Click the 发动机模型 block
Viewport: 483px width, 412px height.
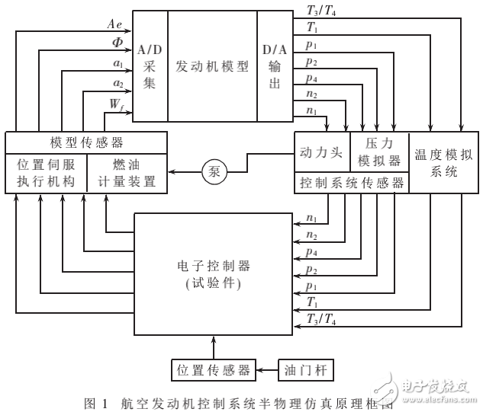click(212, 67)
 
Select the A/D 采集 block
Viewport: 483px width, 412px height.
click(149, 67)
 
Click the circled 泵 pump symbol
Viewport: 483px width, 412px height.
click(214, 172)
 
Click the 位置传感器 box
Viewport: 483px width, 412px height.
click(214, 370)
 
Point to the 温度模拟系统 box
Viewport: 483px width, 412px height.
click(443, 162)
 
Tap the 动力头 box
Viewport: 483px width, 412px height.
click(321, 153)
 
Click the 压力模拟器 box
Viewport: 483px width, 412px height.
click(378, 153)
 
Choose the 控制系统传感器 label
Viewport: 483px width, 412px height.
click(351, 184)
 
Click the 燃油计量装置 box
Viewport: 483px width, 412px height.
click(127, 174)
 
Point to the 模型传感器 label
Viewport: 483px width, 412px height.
click(85, 142)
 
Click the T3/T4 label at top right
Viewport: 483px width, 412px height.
click(318, 11)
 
